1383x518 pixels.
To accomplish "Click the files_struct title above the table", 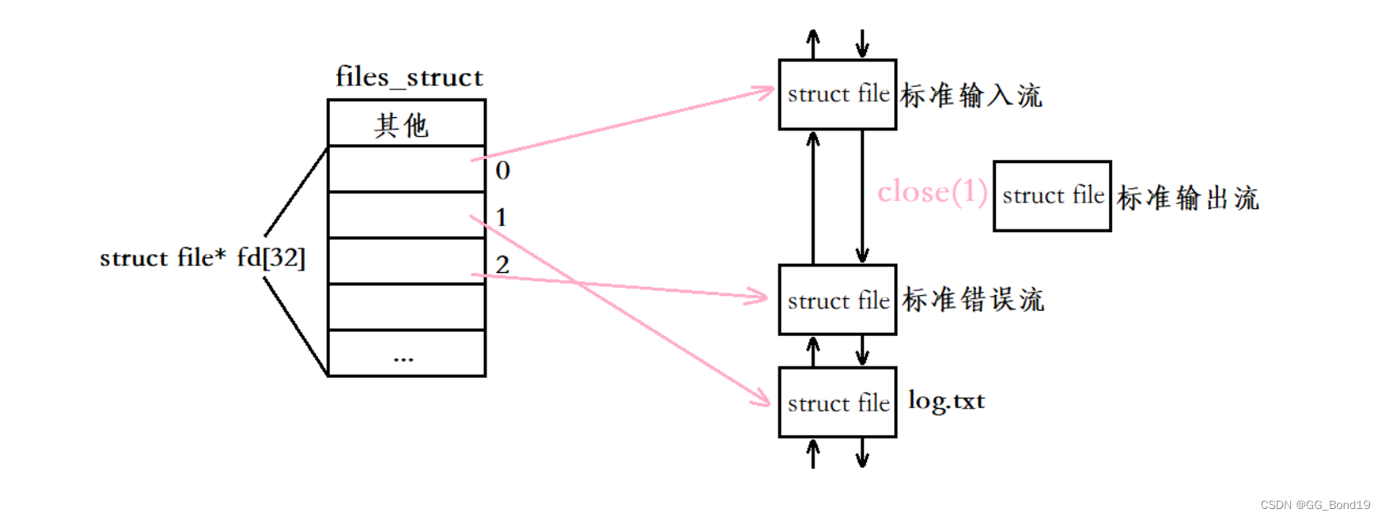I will click(409, 77).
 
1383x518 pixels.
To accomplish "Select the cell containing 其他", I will click(406, 125).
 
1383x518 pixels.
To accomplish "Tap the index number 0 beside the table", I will click(503, 170).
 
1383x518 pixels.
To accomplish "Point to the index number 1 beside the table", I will click(501, 217).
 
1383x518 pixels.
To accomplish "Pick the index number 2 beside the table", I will click(502, 265).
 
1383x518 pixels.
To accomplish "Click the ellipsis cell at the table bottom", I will click(406, 354).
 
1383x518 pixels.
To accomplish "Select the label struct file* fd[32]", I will click(202, 258).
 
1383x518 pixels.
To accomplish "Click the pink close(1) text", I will click(932, 193).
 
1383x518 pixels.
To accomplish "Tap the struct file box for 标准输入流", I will click(837, 94).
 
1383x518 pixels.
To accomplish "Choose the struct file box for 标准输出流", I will click(1052, 196).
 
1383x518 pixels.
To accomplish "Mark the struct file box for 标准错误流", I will click(837, 300).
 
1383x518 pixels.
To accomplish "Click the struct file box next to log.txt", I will click(837, 402).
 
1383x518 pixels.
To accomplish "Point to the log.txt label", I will click(946, 401).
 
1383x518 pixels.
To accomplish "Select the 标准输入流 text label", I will click(971, 96).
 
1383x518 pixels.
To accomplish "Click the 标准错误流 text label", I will click(973, 300).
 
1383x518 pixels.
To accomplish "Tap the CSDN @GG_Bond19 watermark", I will click(1315, 505).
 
